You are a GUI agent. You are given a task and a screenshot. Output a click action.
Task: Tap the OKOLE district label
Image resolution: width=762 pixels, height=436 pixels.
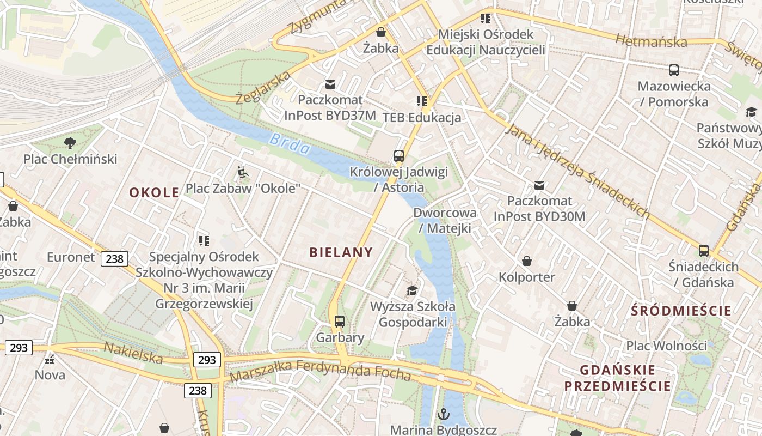click(x=154, y=192)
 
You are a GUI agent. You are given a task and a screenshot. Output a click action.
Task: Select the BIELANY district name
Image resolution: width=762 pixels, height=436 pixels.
click(x=341, y=252)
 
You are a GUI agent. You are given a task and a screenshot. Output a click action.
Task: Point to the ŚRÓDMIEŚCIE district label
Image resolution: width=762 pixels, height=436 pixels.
click(x=681, y=311)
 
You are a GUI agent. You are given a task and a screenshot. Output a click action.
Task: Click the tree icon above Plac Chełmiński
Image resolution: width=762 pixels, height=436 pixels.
click(x=70, y=143)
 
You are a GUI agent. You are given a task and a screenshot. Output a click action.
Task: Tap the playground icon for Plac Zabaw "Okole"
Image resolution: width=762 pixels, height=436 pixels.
click(x=243, y=173)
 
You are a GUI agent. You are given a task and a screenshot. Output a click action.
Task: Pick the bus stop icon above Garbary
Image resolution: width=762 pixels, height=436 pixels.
click(x=340, y=322)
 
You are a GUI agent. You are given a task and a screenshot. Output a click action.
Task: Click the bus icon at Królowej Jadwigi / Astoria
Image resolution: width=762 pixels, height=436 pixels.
click(x=399, y=156)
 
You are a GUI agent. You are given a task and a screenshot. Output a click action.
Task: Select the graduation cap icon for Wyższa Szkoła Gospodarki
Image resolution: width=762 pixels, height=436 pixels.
click(x=413, y=290)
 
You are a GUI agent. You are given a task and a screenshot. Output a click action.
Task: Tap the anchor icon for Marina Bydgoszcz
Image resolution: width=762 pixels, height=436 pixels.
click(x=444, y=414)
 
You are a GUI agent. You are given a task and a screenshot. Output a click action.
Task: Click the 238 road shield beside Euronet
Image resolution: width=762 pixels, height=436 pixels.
click(x=114, y=258)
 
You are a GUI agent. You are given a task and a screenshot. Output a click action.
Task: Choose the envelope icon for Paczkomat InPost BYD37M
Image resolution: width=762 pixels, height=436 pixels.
click(x=330, y=84)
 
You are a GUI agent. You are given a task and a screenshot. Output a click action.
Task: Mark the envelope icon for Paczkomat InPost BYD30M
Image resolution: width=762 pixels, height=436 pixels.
click(x=539, y=185)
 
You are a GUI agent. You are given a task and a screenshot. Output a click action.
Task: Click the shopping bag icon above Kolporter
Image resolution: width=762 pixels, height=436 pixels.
click(x=526, y=262)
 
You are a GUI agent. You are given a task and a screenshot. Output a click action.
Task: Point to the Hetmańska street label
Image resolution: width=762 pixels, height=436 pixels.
click(x=651, y=41)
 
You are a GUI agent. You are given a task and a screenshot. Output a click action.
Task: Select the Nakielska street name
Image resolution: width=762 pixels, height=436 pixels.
click(x=133, y=353)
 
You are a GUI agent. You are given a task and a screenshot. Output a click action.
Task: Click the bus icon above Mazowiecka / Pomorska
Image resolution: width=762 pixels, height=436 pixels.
click(x=674, y=70)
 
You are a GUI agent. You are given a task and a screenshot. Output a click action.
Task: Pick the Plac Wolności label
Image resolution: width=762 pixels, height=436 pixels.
click(x=666, y=346)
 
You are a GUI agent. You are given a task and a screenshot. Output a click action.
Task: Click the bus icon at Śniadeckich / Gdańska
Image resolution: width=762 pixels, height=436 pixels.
click(x=704, y=251)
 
